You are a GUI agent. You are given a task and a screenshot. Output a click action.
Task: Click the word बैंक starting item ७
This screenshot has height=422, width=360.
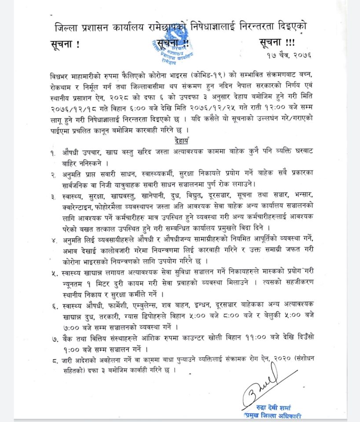[x=70, y=338]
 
